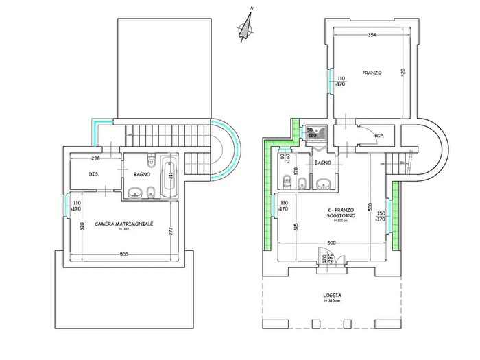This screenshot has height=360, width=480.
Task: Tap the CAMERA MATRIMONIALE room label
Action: (123, 224)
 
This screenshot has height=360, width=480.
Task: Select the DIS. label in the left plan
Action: (95, 174)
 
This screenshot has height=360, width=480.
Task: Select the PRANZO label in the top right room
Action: (371, 73)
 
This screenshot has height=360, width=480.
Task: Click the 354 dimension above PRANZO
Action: (371, 34)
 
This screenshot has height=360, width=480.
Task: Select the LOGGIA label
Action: (332, 296)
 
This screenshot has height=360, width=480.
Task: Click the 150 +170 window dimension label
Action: (381, 217)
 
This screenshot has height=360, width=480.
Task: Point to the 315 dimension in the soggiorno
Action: (295, 228)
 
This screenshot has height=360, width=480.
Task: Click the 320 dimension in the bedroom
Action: (80, 227)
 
